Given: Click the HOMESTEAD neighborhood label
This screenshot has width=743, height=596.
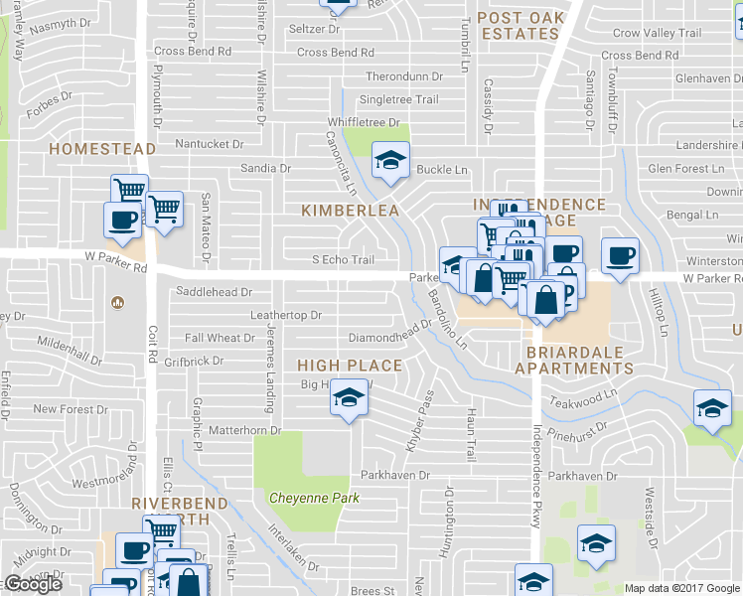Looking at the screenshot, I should (102, 149).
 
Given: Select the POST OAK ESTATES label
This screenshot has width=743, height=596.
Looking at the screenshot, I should (520, 25).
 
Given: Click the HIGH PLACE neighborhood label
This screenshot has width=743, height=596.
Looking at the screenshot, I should (350, 366).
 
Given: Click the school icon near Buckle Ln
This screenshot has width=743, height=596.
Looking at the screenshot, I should (390, 159).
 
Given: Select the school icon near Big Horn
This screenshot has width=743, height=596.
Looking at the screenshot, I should (349, 398).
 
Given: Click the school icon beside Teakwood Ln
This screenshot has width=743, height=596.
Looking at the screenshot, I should (711, 408).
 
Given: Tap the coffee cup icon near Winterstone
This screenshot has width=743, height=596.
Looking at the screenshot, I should (620, 255).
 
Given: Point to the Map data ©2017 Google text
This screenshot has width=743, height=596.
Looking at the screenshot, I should (681, 588).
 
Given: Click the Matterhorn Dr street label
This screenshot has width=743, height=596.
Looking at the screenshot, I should (245, 431).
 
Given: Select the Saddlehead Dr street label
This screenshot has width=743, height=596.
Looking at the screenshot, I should (214, 293).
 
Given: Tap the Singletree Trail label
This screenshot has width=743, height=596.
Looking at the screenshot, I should (398, 99).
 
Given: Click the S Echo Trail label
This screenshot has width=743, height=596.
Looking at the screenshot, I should (343, 260).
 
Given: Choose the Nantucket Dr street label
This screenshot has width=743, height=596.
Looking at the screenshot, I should (209, 144).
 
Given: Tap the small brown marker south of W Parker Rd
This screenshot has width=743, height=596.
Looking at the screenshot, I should (117, 302).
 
